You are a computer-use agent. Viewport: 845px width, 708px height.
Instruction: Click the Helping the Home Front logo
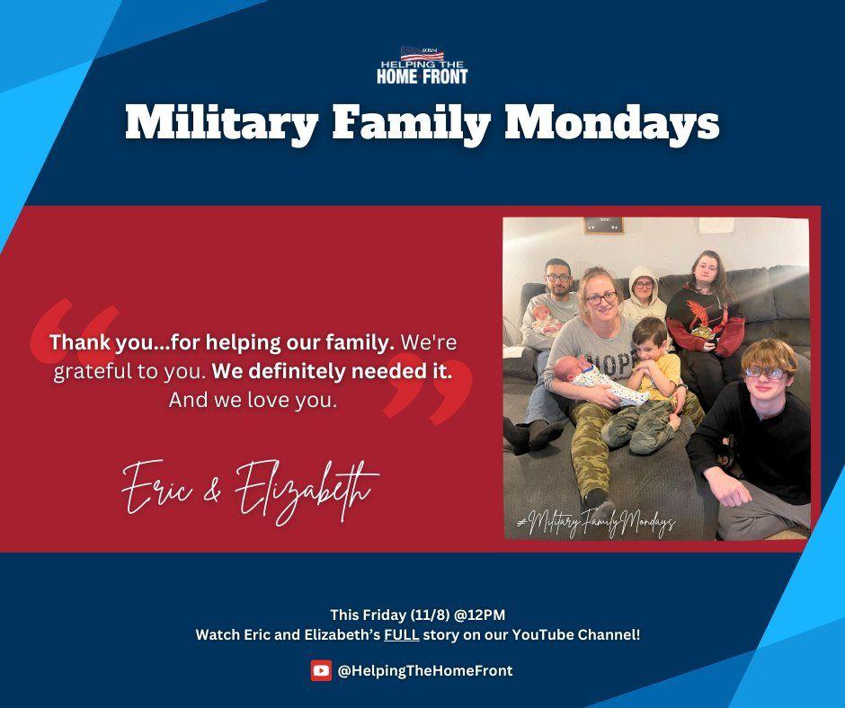click(x=422, y=66)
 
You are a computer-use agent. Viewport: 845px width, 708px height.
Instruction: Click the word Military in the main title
click(x=221, y=123)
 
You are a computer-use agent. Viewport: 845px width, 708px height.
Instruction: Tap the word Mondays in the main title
click(x=611, y=122)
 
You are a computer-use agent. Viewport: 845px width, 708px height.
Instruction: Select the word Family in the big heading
click(x=411, y=123)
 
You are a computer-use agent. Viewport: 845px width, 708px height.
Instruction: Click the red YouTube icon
click(x=321, y=671)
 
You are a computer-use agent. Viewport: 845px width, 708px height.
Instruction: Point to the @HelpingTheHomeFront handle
click(x=425, y=671)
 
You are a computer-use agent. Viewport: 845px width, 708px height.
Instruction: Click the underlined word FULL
click(x=402, y=634)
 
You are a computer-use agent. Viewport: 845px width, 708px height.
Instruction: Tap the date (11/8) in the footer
click(x=430, y=615)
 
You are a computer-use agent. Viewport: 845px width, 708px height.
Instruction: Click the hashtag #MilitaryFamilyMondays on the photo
click(x=596, y=520)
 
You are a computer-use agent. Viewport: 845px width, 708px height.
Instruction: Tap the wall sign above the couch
click(x=604, y=226)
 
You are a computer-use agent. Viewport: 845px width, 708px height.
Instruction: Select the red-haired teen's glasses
click(x=765, y=372)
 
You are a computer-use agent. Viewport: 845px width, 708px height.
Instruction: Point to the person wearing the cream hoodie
click(x=643, y=293)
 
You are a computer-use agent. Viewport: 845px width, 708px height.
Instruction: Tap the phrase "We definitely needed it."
click(x=332, y=371)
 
